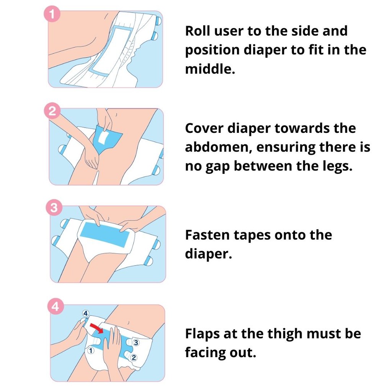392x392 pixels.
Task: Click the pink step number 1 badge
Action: [52, 14]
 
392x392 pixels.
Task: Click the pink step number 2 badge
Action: [52, 111]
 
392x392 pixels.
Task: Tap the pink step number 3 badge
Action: [54, 208]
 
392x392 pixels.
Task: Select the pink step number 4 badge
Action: [56, 306]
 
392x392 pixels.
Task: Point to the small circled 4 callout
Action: [85, 313]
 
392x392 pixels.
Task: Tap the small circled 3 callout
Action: [136, 343]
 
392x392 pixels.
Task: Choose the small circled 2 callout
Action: [134, 358]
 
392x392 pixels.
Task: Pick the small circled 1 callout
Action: [91, 351]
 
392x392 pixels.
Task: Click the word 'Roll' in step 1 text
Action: [198, 31]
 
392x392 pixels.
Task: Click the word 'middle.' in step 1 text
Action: [210, 69]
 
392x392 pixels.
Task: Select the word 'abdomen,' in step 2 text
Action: [219, 147]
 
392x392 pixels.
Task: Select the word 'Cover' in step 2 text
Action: [204, 128]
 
